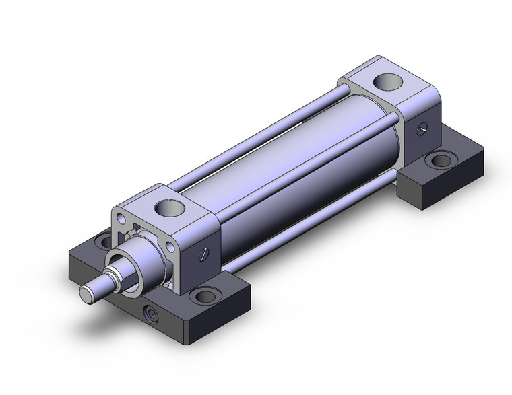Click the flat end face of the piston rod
(x=88, y=293)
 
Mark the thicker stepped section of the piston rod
(x=108, y=279)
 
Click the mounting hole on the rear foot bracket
(x=441, y=160)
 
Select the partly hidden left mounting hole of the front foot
(x=103, y=239)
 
